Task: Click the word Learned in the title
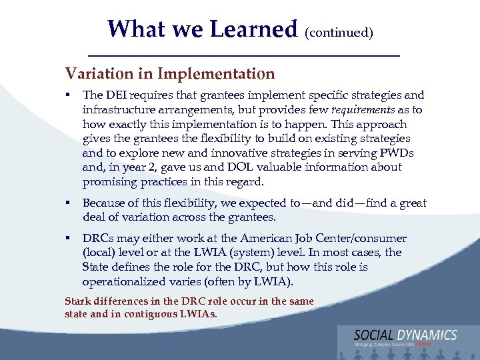point(253,29)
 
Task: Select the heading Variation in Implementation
point(169,73)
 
